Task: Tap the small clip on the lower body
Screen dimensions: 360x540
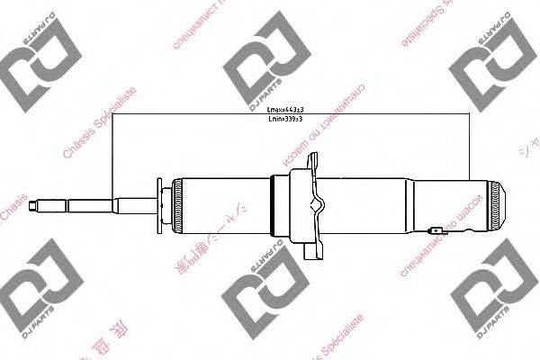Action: (x=436, y=231)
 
